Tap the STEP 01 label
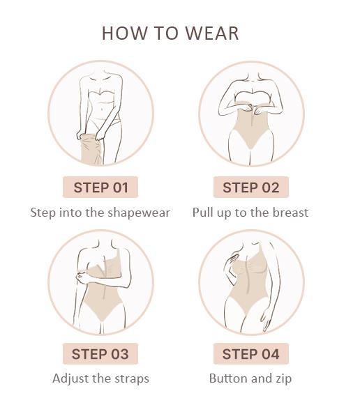point(100,187)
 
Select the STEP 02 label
point(250,187)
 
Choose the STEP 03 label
point(100,354)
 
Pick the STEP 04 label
point(250,354)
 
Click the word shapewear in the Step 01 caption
point(140,213)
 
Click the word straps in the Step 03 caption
point(130,379)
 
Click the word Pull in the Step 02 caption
point(203,213)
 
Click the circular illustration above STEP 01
point(100,114)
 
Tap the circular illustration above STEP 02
point(251,114)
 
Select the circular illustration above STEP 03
point(100,282)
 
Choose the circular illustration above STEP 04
point(251,282)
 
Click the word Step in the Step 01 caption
point(43,213)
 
